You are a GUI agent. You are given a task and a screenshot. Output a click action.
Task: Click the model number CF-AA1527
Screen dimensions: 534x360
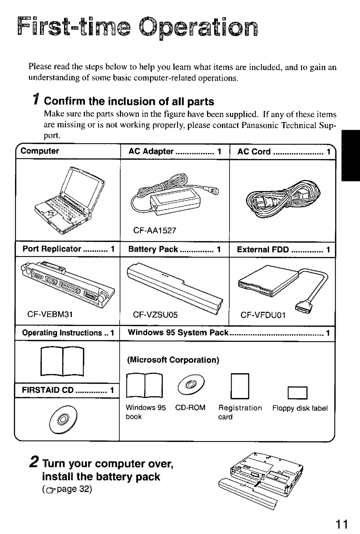click(x=155, y=230)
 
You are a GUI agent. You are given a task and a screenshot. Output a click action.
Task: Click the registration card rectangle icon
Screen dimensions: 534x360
click(x=240, y=386)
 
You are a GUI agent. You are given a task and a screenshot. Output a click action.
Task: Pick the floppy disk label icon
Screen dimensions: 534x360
click(x=298, y=393)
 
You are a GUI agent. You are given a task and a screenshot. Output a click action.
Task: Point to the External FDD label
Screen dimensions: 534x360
click(x=263, y=249)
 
